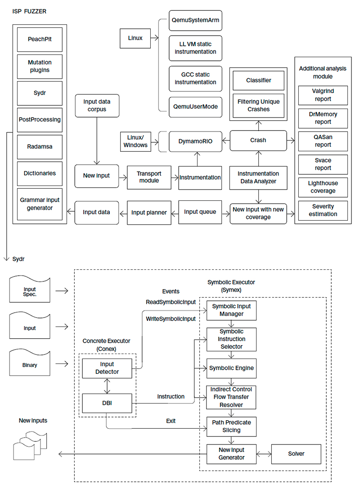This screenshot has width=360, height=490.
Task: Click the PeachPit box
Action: tap(40, 39)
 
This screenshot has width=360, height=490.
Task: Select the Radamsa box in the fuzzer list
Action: tap(40, 146)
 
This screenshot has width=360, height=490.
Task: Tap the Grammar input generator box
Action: tap(40, 204)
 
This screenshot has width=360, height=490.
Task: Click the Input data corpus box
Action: tap(97, 105)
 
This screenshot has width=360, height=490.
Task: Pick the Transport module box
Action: tap(148, 177)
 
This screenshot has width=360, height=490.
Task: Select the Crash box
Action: tap(258, 140)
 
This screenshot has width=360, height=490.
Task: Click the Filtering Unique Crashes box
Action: tap(258, 105)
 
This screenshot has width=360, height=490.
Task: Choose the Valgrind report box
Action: tap(323, 95)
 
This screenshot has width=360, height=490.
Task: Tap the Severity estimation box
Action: tap(323, 210)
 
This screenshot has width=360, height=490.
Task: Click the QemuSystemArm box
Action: tap(195, 21)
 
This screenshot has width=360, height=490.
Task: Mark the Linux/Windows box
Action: tap(135, 141)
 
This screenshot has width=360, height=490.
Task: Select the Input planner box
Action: tap(149, 212)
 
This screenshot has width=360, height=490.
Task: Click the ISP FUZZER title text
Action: tap(29, 11)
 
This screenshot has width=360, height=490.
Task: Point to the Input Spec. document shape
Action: tap(30, 291)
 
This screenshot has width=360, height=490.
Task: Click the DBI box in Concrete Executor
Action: tap(107, 403)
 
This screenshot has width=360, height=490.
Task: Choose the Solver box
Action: tap(296, 454)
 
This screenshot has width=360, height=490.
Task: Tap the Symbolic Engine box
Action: tap(231, 368)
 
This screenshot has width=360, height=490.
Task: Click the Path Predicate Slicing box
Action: tap(231, 426)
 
